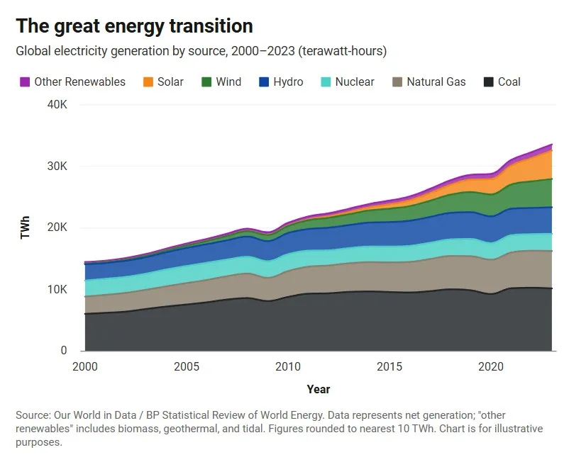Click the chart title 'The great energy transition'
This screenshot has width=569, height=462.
(x=134, y=26)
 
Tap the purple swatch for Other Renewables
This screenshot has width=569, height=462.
(x=25, y=82)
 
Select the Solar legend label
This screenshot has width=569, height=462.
(x=170, y=82)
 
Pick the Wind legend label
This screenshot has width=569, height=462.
(x=228, y=82)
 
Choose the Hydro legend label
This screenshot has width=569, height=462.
(x=288, y=82)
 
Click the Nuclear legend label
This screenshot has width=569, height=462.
(x=355, y=82)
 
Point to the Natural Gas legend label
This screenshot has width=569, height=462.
(x=436, y=82)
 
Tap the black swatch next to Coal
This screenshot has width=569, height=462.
(x=489, y=82)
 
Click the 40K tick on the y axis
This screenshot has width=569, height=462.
(x=57, y=105)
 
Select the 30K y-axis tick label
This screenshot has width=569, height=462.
(x=57, y=167)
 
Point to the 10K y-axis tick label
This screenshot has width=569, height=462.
(x=57, y=290)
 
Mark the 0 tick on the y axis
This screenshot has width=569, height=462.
(x=64, y=351)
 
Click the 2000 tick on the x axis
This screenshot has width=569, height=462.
(x=85, y=367)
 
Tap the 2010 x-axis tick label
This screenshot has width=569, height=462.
(x=287, y=367)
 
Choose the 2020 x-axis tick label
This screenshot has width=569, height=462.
(x=490, y=367)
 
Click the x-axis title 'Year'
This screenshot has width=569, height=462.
(x=319, y=389)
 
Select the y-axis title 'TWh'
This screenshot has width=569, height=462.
(x=26, y=227)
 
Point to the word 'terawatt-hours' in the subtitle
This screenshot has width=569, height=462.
(x=343, y=52)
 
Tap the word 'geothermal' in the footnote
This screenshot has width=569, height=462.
(x=179, y=429)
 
